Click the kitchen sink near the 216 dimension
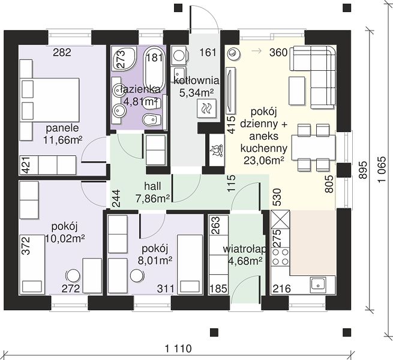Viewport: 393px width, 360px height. click(x=318, y=284)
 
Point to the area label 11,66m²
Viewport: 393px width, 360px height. click(x=63, y=140)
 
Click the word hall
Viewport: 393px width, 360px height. click(x=152, y=186)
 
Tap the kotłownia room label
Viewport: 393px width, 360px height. click(x=196, y=81)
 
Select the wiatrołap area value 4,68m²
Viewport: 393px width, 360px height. click(x=245, y=261)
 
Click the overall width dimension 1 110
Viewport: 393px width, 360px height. click(x=178, y=349)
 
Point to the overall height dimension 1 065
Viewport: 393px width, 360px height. click(x=382, y=170)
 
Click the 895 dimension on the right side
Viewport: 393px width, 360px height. click(x=363, y=170)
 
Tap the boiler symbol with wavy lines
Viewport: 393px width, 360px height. click(x=207, y=108)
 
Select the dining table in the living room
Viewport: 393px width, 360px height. click(x=313, y=148)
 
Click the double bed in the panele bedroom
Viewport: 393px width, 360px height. click(x=50, y=100)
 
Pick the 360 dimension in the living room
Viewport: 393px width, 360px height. click(x=278, y=52)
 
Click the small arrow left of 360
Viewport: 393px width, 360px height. click(x=257, y=51)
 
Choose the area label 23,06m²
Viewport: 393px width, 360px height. click(x=263, y=160)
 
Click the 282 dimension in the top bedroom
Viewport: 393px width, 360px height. click(x=62, y=52)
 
